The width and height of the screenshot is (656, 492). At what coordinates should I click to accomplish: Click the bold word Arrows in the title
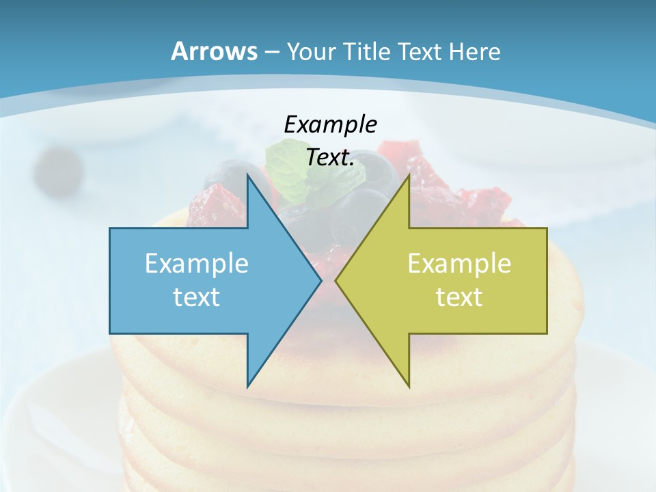point(214,51)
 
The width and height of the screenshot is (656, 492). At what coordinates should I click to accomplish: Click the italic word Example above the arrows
point(330,124)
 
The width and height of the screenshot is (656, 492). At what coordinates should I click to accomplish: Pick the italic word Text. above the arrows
point(330,158)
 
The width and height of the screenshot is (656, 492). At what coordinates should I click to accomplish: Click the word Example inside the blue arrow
point(197,263)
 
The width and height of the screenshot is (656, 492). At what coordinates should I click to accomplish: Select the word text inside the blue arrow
point(197,297)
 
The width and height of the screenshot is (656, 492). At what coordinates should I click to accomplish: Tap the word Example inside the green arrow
point(459,263)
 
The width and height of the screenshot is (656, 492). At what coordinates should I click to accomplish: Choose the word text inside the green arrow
point(459,297)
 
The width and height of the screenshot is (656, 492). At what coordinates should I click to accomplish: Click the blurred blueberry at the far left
point(58,169)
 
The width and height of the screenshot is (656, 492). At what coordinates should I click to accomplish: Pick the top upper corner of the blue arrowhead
point(247,176)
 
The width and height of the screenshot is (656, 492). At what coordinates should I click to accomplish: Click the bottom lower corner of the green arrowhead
point(409,386)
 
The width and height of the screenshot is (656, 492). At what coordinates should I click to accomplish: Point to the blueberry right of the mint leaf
point(376,171)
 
